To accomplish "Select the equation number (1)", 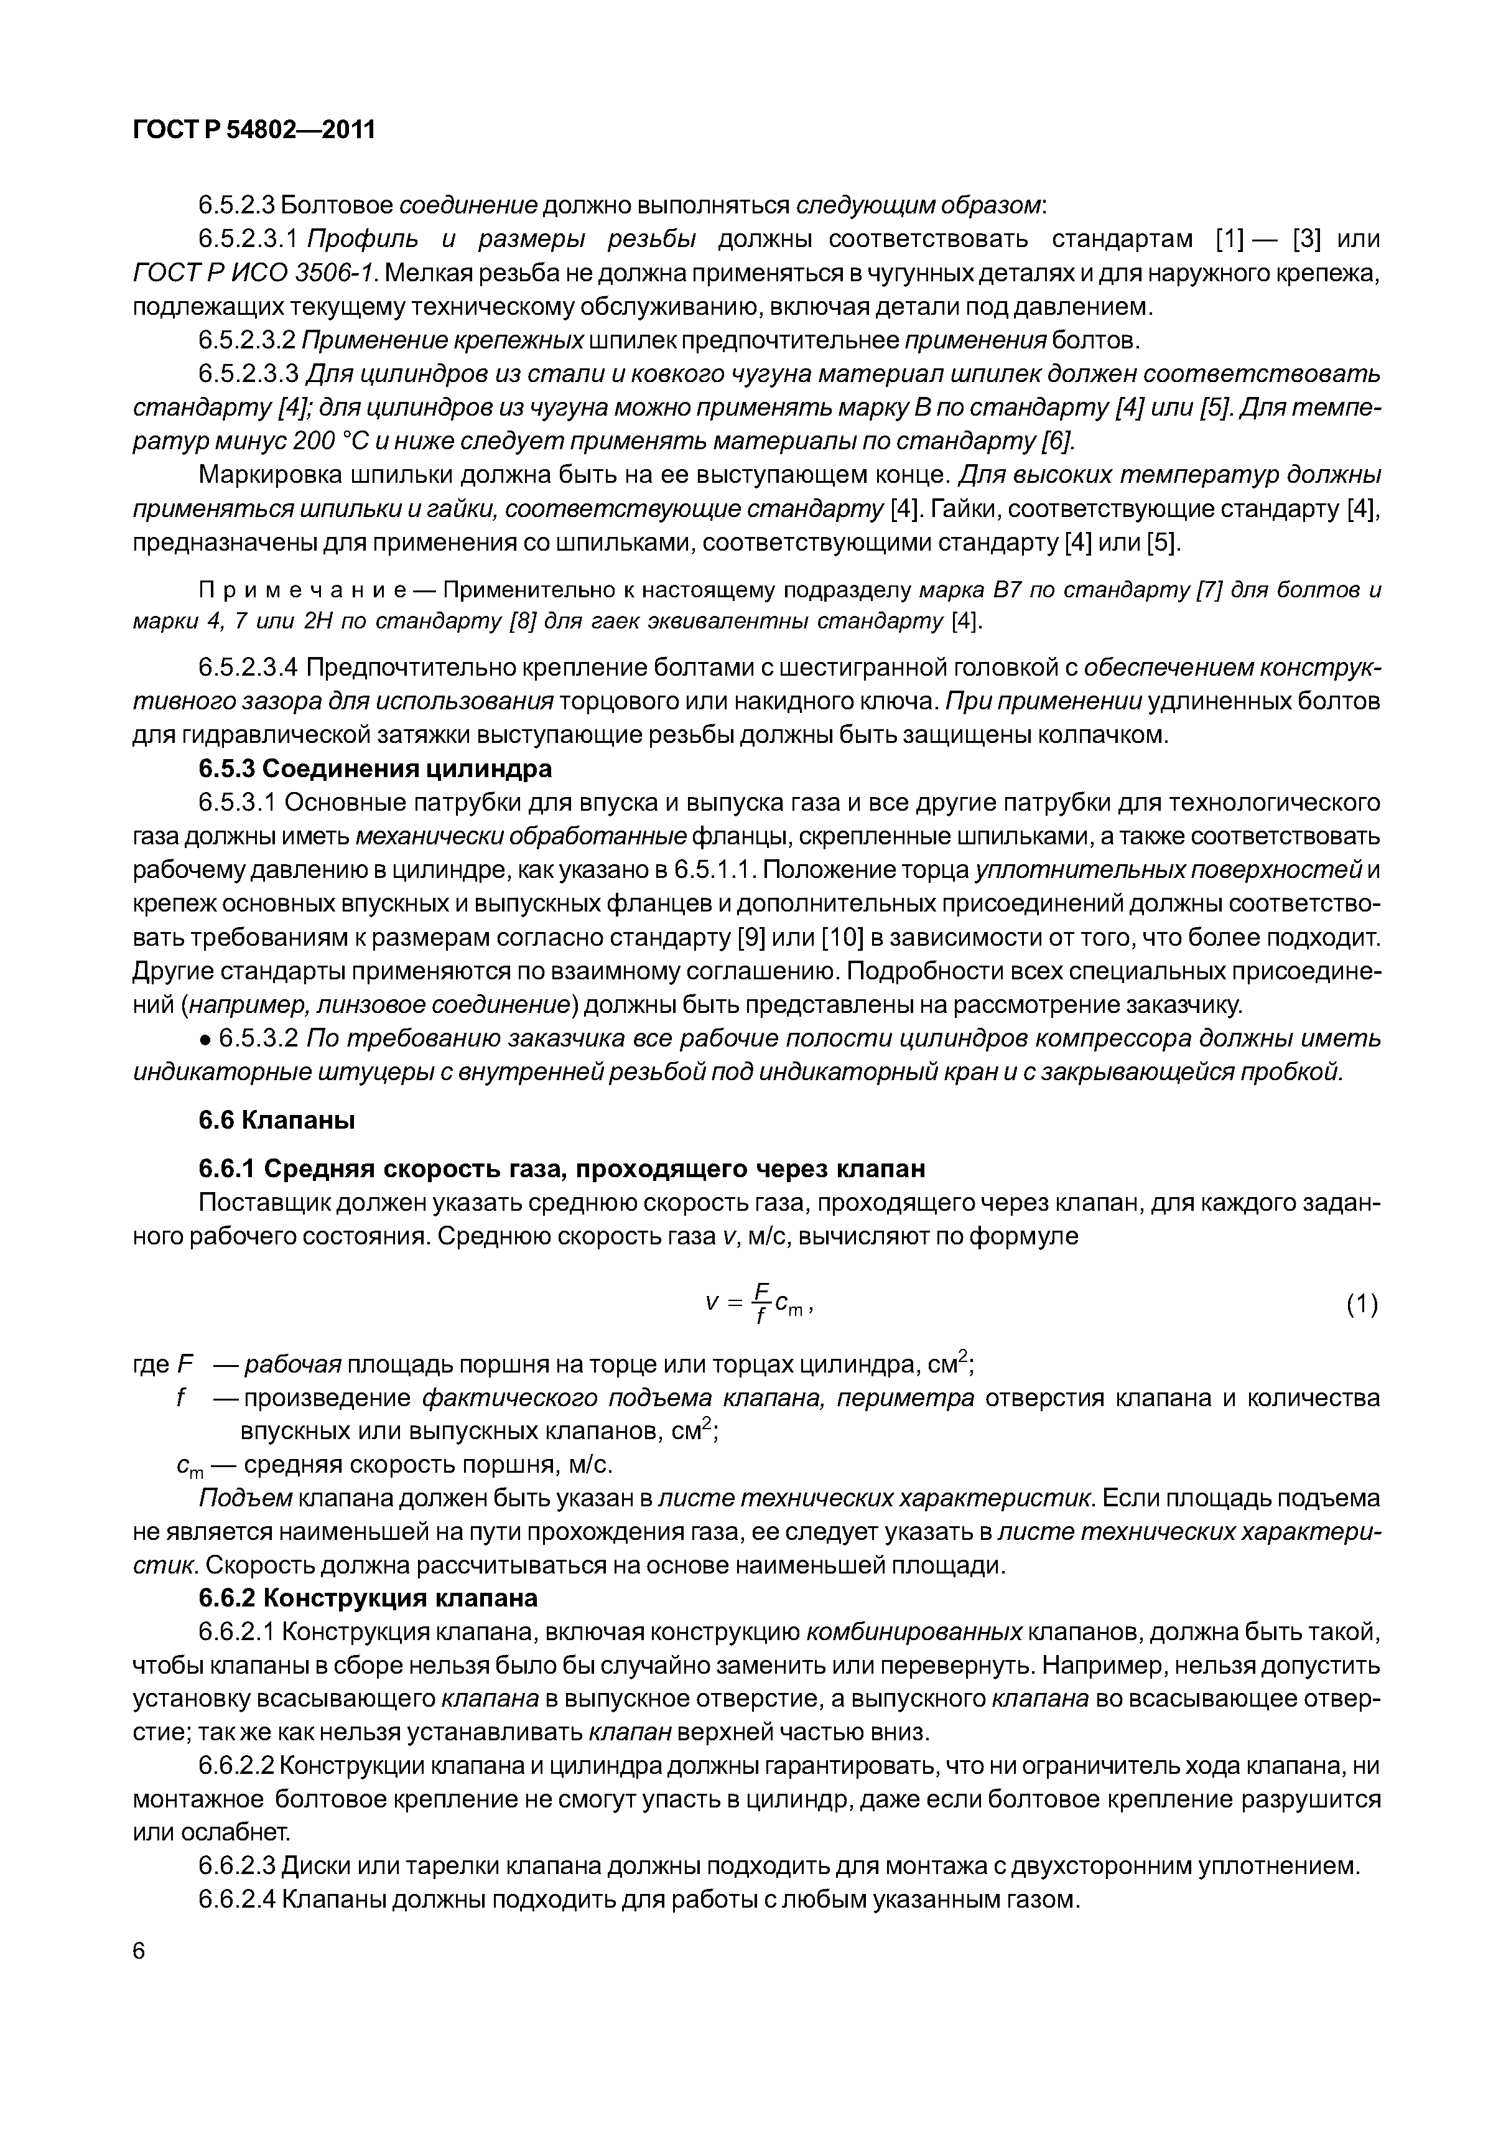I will pos(1361,1306).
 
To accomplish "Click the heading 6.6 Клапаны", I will pos(277,1121).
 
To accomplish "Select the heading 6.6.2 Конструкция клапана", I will pos(368,1598).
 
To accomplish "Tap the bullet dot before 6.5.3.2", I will pos(206,1038).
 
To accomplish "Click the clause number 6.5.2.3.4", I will pos(248,668).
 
